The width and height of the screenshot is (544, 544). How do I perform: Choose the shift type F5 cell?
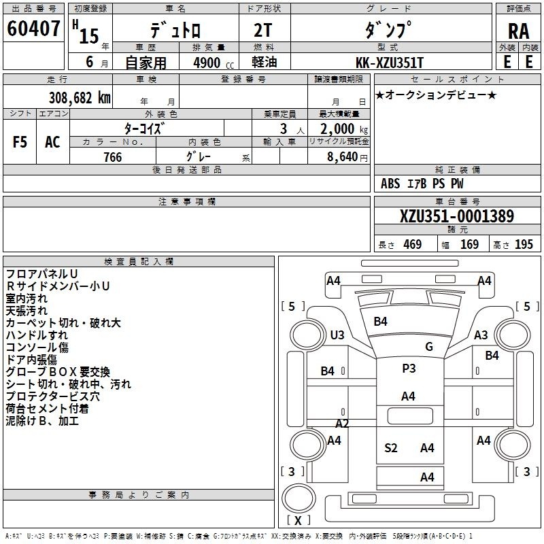pyautogui.click(x=20, y=142)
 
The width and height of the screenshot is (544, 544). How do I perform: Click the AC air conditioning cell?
pyautogui.click(x=52, y=142)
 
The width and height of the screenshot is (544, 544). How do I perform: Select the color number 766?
pyautogui.click(x=112, y=157)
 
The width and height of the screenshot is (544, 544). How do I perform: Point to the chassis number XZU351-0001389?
pyautogui.click(x=456, y=217)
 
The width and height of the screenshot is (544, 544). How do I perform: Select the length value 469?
pyautogui.click(x=412, y=245)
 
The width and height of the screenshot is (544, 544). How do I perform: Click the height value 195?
pyautogui.click(x=524, y=245)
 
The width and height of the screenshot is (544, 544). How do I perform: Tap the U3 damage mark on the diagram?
pyautogui.click(x=337, y=335)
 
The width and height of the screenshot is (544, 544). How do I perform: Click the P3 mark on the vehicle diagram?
pyautogui.click(x=409, y=368)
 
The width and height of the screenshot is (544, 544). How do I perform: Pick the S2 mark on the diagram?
pyautogui.click(x=391, y=447)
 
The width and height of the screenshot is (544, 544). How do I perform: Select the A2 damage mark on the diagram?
pyautogui.click(x=342, y=423)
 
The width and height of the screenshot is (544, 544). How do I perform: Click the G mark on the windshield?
pyautogui.click(x=429, y=347)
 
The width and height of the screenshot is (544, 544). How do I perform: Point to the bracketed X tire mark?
pyautogui.click(x=299, y=520)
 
